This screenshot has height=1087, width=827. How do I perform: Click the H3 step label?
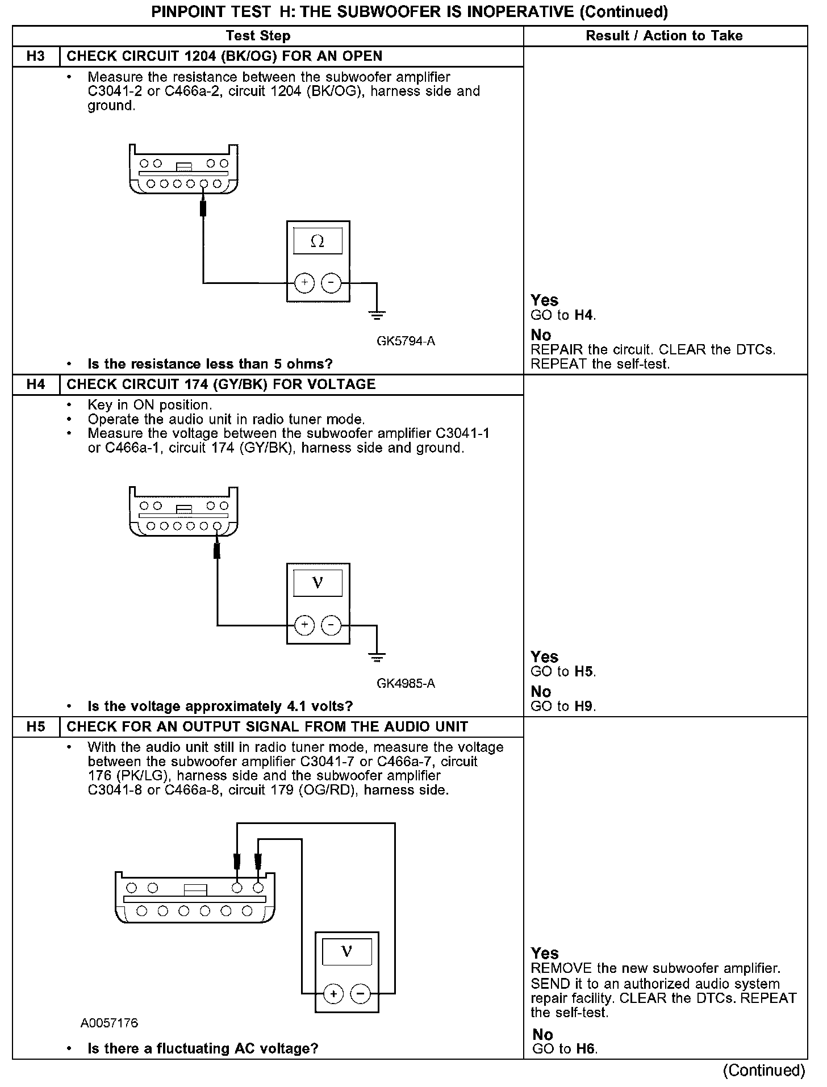[35, 56]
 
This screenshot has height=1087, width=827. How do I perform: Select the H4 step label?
[35, 384]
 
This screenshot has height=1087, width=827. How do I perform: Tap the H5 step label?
[35, 727]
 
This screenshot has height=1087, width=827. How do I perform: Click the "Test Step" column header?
[258, 36]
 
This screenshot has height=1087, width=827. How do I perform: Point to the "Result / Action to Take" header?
[664, 36]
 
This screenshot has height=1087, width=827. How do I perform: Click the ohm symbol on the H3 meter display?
[318, 241]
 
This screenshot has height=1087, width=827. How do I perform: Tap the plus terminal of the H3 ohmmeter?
[304, 282]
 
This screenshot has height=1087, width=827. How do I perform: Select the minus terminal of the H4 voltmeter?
[331, 625]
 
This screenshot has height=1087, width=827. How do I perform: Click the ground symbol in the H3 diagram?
[377, 314]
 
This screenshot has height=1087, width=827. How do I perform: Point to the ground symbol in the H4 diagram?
[377, 657]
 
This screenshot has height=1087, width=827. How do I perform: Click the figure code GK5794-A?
[406, 341]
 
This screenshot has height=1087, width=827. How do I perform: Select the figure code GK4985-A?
[406, 683]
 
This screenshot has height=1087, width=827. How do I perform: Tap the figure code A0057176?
[109, 1023]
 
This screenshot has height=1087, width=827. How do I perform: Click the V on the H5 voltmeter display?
[347, 951]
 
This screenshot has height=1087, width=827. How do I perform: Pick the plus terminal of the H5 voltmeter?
[333, 993]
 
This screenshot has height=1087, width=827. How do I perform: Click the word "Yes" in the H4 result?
[544, 657]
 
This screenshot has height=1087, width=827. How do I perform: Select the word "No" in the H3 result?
[541, 335]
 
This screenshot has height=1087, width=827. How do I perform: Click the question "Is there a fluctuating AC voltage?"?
[203, 1048]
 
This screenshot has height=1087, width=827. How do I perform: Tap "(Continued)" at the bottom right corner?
[764, 1071]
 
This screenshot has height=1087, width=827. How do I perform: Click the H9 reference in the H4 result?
[584, 706]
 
